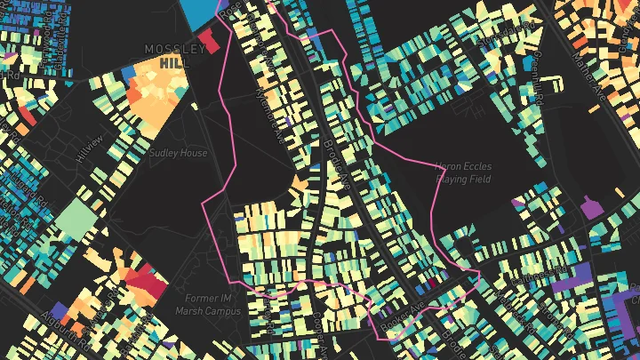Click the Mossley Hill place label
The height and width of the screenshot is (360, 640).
[x=174, y=56]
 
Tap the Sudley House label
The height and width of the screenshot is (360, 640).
[x=178, y=153]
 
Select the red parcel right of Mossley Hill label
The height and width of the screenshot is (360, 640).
[x=210, y=39]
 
